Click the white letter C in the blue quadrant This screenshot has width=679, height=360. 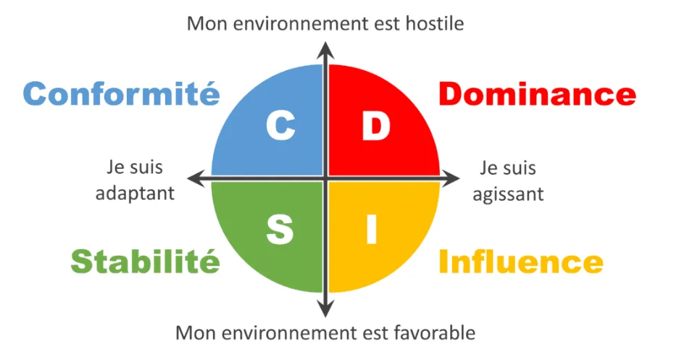click(280, 125)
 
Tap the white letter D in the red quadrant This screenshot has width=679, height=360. click(376, 126)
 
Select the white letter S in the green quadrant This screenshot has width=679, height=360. click(280, 229)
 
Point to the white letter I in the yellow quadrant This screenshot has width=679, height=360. click(371, 229)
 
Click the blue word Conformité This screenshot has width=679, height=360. click(121, 93)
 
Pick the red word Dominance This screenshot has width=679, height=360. click(538, 94)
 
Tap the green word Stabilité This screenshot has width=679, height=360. click(145, 261)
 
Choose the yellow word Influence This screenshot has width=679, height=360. click(521, 261)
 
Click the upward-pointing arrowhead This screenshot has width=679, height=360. click(325, 50)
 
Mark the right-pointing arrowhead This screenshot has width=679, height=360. click(451, 179)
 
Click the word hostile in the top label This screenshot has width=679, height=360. click(435, 23)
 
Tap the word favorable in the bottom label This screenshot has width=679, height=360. click(435, 333)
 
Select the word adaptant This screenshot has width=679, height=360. click(135, 194)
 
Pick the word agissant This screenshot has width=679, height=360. click(508, 195)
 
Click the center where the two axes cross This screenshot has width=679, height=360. click(325, 179)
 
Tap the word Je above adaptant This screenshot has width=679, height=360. click(115, 167)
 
